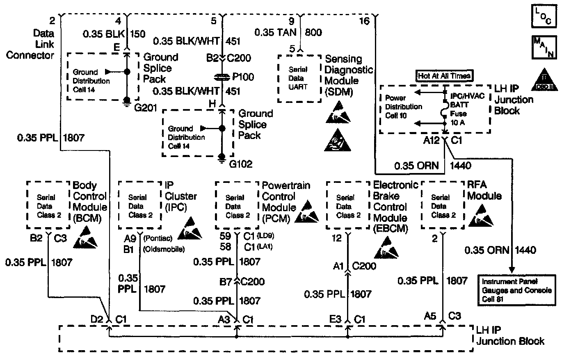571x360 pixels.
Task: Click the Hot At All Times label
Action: (x=444, y=76)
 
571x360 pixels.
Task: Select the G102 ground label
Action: (x=240, y=164)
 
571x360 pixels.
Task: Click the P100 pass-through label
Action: (x=243, y=77)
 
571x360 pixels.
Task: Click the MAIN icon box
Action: (x=543, y=48)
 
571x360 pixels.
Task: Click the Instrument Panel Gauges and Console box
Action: (x=517, y=290)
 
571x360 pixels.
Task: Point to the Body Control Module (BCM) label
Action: (x=89, y=201)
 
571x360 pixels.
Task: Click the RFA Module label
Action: (x=484, y=190)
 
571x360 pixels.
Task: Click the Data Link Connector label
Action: (x=30, y=44)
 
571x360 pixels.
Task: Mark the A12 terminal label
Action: (x=432, y=141)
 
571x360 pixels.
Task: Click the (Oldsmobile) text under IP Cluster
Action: (x=164, y=249)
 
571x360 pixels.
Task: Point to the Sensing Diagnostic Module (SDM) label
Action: (x=349, y=75)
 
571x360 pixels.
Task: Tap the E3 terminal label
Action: (x=336, y=318)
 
